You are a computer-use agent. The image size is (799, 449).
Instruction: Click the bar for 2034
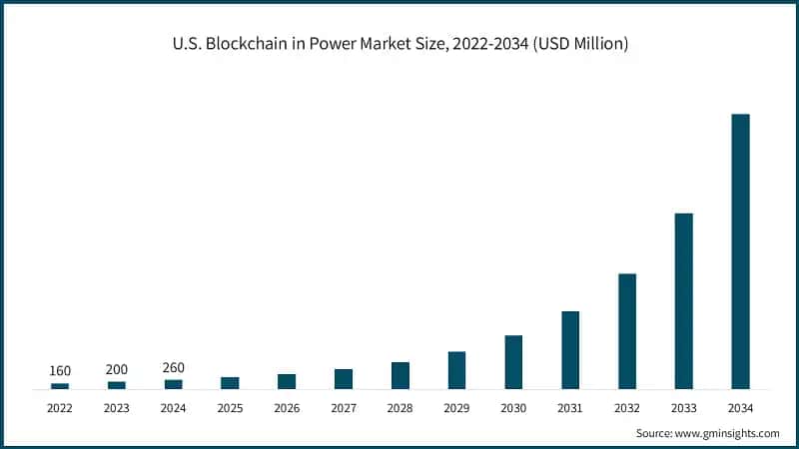pos(740,251)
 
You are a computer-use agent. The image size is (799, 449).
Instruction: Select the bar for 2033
pos(683,300)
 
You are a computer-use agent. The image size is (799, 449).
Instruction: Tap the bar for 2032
pos(627,331)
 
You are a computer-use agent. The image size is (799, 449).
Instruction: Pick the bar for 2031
pos(570,350)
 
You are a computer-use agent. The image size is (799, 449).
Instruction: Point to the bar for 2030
pos(513,362)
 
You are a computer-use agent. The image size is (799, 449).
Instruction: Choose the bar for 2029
pos(456,370)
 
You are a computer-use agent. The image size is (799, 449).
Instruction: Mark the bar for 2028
pos(400,375)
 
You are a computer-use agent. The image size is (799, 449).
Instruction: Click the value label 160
pos(60,371)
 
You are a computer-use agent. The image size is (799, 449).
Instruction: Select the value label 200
pos(117,369)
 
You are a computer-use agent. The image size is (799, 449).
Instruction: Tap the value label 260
pos(174,367)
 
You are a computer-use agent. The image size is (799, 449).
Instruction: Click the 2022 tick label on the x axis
pos(60,408)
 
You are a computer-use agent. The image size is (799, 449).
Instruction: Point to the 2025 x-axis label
pos(230,408)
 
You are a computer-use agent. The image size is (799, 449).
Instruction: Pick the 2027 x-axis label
pos(344,408)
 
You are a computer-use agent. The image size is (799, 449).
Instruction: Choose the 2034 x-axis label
pos(740,408)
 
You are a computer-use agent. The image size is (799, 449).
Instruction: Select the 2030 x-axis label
pos(513,408)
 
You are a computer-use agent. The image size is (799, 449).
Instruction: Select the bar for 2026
pos(287,381)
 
